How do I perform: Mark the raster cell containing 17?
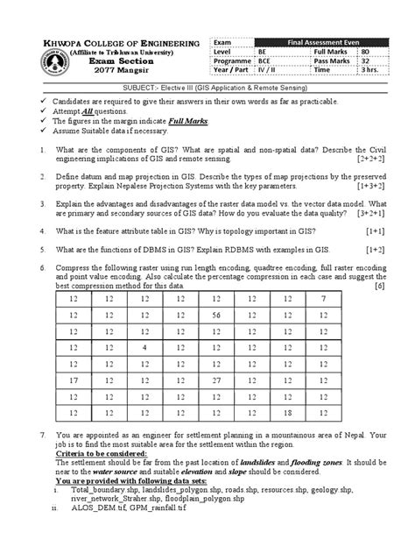click(x=73, y=380)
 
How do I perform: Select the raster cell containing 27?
click(x=216, y=380)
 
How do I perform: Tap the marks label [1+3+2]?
click(x=369, y=187)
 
